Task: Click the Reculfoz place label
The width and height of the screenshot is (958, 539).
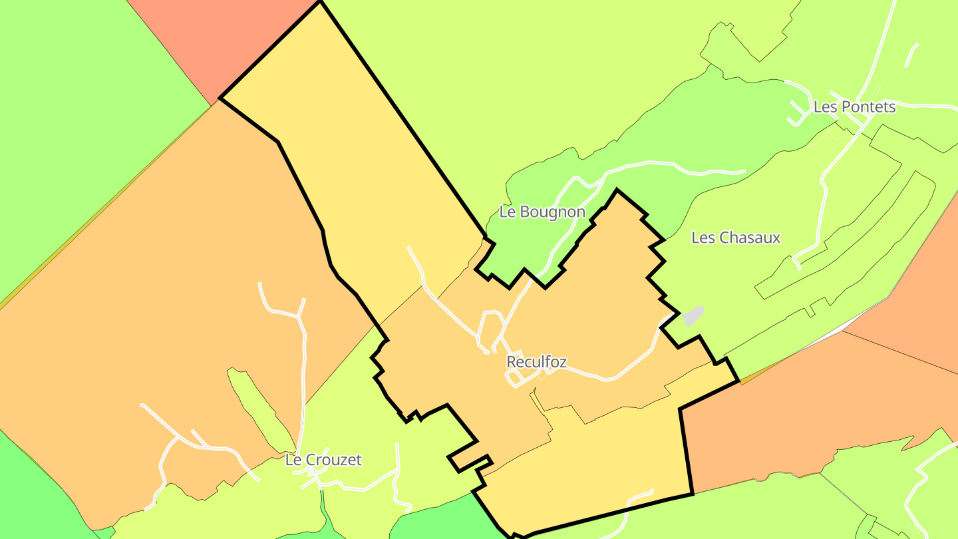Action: click(x=536, y=362)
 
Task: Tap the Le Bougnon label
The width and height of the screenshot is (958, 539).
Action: click(x=542, y=212)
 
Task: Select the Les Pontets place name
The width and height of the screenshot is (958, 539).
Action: click(x=854, y=107)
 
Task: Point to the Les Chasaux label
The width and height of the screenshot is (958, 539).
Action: click(x=736, y=238)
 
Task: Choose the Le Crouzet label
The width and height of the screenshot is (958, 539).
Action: click(x=323, y=460)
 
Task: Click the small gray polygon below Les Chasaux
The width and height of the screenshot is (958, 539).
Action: click(x=693, y=315)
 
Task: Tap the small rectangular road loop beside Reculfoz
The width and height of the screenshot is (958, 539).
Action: click(x=515, y=378)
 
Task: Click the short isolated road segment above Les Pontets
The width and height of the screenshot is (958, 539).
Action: click(x=911, y=55)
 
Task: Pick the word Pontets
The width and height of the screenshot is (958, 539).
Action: click(x=868, y=107)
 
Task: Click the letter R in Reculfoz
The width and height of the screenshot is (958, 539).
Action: click(x=511, y=362)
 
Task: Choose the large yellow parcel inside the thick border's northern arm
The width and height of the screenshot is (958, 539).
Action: click(x=353, y=166)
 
